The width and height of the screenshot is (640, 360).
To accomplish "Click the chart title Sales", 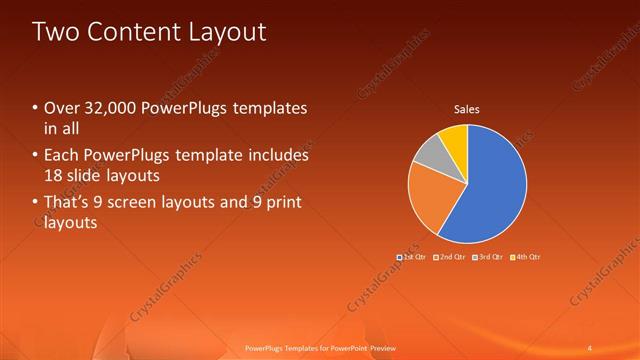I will click(x=467, y=108).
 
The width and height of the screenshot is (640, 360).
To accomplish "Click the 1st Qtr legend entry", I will click(x=412, y=257).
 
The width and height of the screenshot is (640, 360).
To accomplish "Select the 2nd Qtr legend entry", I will click(x=450, y=257).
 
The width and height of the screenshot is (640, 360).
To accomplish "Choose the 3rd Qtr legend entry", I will click(x=487, y=257).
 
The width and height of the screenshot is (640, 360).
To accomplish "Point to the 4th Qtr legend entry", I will click(x=525, y=257).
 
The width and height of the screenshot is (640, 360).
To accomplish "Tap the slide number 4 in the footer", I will click(x=590, y=348).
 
